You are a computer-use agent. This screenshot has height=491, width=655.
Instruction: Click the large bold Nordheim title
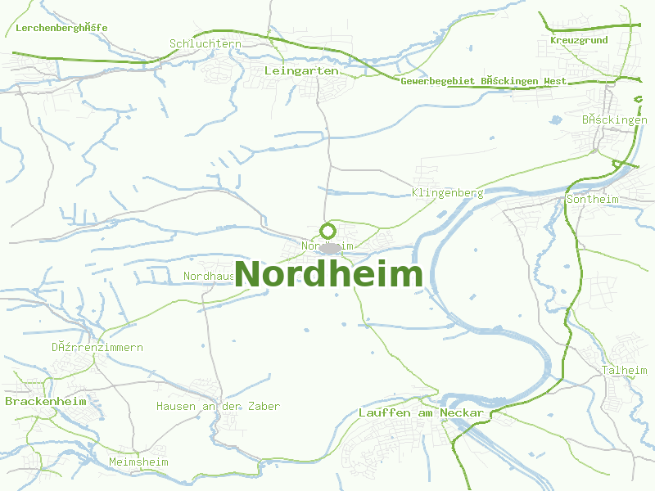tap(329, 274)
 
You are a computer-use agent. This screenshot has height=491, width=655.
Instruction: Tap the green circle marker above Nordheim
tap(327, 231)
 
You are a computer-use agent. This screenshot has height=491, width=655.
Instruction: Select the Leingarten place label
tap(301, 71)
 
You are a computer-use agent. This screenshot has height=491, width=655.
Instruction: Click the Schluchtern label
tap(205, 43)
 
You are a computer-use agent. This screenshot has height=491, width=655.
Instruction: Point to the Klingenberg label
tap(448, 193)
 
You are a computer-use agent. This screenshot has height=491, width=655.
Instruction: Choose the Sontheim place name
tap(593, 199)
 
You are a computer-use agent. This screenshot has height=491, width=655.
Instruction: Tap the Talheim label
tap(625, 370)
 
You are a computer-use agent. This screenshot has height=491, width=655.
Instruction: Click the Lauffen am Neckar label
tap(421, 413)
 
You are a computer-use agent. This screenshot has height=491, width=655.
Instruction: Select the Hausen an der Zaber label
tap(218, 406)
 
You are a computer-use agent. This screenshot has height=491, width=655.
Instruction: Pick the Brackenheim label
tap(34, 402)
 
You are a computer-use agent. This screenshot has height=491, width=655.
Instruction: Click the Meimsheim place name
tap(138, 462)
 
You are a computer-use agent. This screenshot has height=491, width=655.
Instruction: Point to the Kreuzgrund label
tap(579, 40)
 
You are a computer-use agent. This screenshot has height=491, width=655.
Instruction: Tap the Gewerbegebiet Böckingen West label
tap(483, 81)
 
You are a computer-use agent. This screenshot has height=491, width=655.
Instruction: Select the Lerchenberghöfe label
tap(61, 28)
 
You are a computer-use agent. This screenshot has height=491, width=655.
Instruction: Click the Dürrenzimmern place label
tap(97, 347)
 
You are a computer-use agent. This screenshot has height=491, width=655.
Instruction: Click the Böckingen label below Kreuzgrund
tap(614, 119)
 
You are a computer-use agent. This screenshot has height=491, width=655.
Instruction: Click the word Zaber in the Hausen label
tap(263, 406)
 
